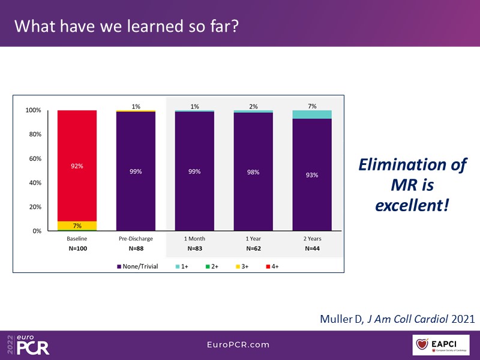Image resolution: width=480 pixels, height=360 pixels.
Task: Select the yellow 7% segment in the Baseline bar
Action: (x=77, y=226)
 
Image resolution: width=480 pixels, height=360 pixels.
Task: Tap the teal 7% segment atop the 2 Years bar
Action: (x=312, y=115)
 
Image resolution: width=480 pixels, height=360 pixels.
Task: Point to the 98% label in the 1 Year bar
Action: (x=253, y=172)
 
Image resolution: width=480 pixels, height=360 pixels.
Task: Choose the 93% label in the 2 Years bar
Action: (x=312, y=175)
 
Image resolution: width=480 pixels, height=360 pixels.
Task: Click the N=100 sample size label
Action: (x=77, y=248)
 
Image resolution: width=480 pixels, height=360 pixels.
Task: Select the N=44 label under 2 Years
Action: (x=312, y=248)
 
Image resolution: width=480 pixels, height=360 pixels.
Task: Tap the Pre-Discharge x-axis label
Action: (x=136, y=239)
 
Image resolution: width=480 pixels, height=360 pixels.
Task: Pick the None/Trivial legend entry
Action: (x=138, y=266)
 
